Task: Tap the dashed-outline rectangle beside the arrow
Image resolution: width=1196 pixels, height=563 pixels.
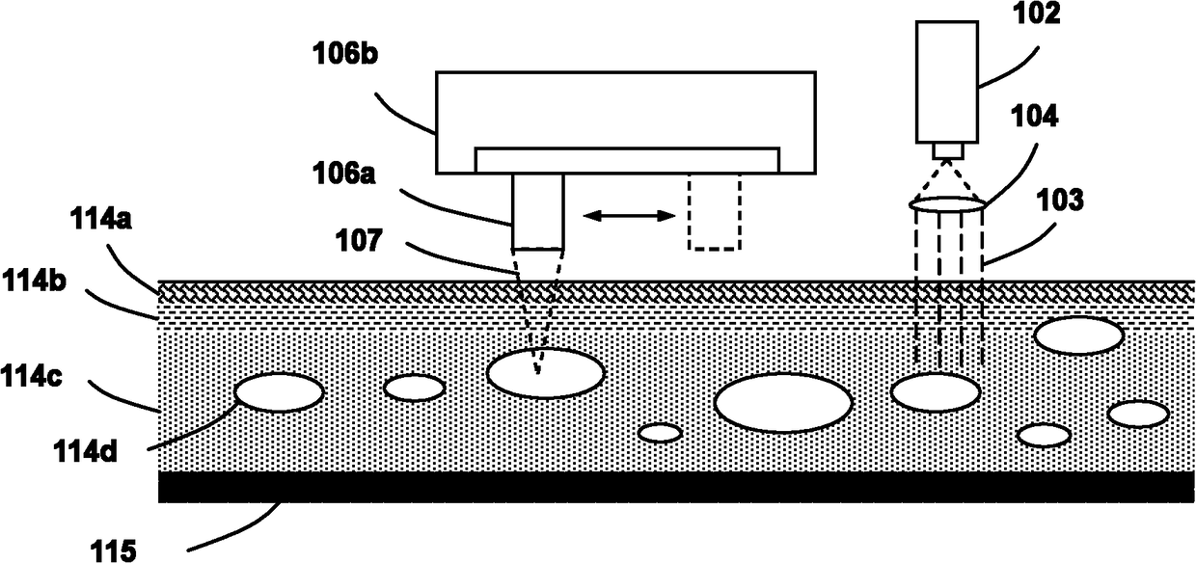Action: (x=715, y=211)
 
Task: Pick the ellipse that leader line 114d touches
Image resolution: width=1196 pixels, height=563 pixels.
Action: (x=279, y=392)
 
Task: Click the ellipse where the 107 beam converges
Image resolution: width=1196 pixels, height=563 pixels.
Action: (x=545, y=373)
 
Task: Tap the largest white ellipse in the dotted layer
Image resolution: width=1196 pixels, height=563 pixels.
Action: (x=782, y=402)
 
